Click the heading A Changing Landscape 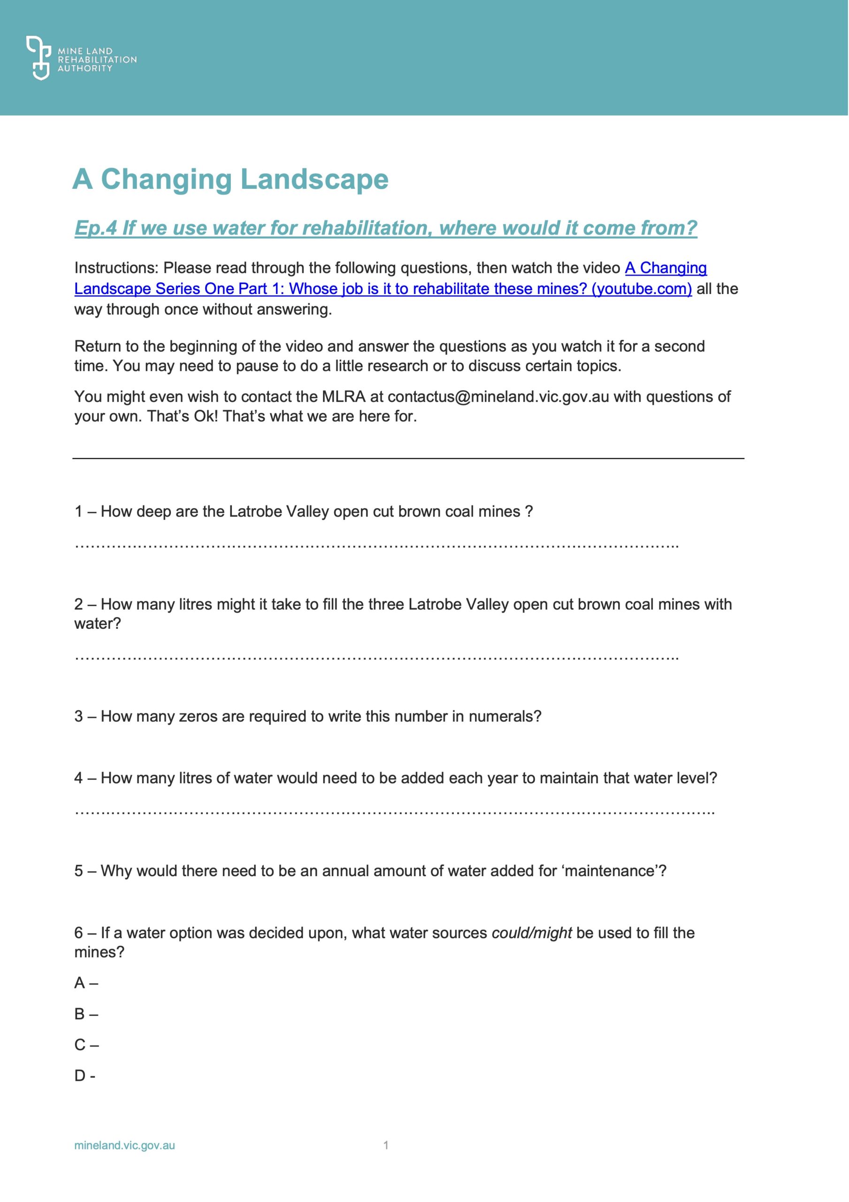pos(230,179)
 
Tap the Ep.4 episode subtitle pos(386,228)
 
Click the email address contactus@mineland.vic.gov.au pos(498,397)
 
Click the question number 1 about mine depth pos(78,511)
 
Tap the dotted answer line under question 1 pos(377,546)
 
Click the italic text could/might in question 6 pos(532,933)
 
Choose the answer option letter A pos(80,983)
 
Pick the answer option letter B pos(80,1014)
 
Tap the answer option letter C pos(80,1045)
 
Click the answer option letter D pos(80,1076)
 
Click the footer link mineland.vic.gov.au pos(124,1146)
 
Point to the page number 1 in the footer pos(386,1146)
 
